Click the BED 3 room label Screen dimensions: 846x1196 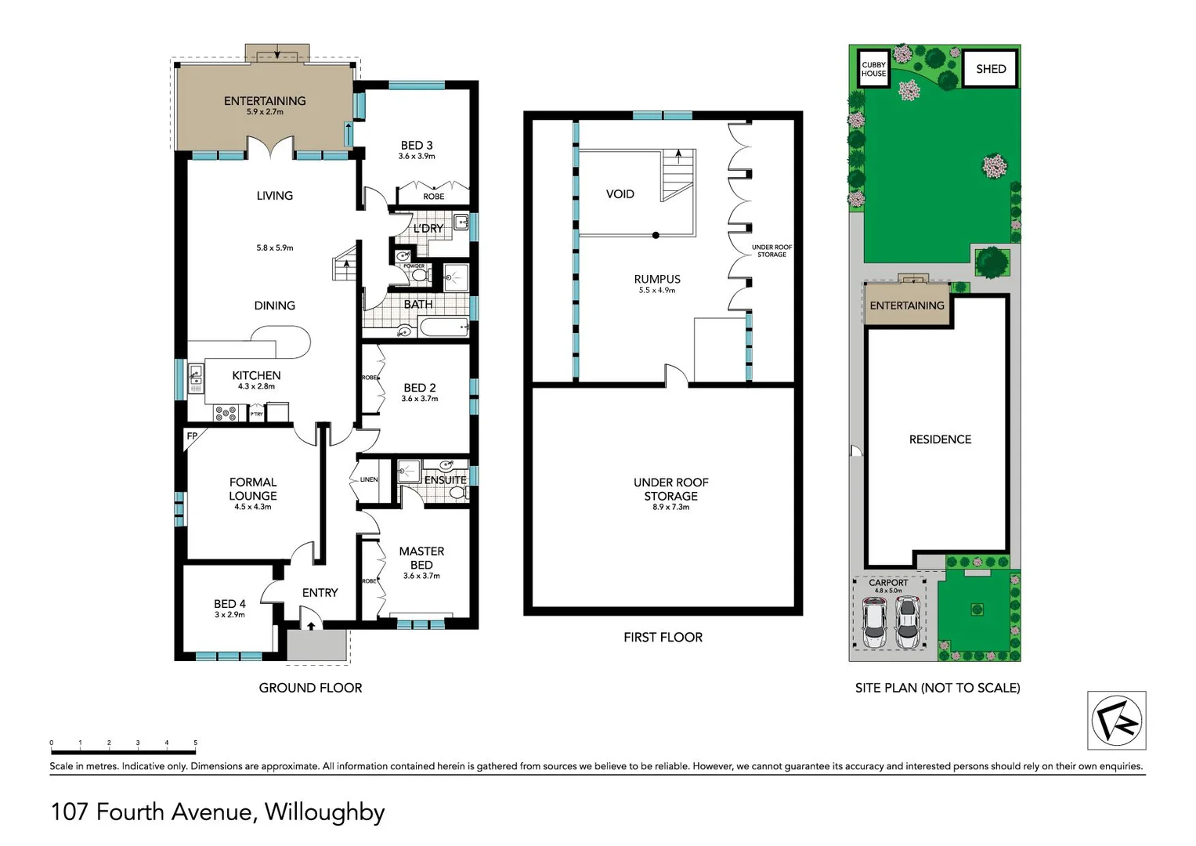click(x=416, y=146)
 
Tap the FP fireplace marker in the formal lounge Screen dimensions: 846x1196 click(x=192, y=436)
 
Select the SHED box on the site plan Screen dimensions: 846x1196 click(x=990, y=69)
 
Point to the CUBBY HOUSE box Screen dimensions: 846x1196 click(x=873, y=69)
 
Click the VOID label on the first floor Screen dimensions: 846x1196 click(x=620, y=194)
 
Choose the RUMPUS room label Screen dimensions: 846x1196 click(x=657, y=279)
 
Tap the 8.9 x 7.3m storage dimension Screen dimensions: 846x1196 click(x=670, y=508)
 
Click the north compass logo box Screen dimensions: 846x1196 click(x=1116, y=721)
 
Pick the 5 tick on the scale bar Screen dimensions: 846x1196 click(x=195, y=743)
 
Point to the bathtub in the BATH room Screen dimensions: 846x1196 click(x=443, y=327)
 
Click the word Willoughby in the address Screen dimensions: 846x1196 click(x=324, y=812)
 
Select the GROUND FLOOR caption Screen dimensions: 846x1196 click(x=310, y=688)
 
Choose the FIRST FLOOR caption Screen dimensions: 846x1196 click(x=663, y=638)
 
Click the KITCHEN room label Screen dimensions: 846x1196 click(x=256, y=376)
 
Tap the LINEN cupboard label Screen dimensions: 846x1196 click(x=369, y=479)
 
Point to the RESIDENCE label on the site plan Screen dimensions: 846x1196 click(x=940, y=439)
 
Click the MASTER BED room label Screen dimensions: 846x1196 click(x=421, y=558)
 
